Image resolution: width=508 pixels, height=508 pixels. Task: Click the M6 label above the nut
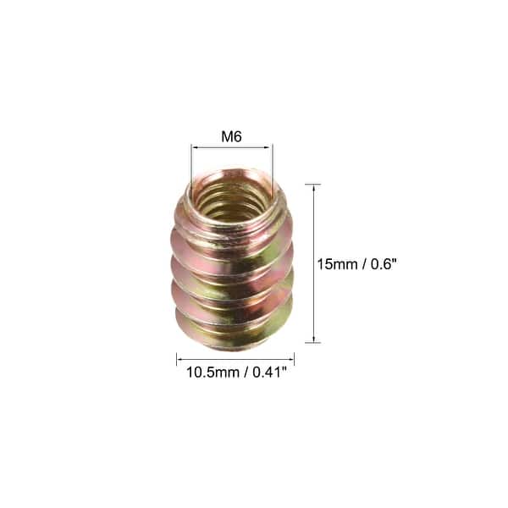point(231,135)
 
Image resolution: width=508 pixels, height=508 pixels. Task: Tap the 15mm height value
point(334,264)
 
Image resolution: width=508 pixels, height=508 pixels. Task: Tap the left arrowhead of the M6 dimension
point(194,147)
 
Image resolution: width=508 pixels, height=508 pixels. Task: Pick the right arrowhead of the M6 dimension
point(269,147)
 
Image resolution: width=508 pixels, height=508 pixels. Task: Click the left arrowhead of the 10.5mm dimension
point(180,359)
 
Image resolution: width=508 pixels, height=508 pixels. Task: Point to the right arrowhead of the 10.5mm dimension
point(290,359)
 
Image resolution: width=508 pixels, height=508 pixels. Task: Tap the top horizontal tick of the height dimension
point(313,184)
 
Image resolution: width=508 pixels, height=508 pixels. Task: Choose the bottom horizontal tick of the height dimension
point(313,343)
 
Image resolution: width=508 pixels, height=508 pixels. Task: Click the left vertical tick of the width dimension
point(177,359)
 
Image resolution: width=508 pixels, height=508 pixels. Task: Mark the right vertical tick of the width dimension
point(294,359)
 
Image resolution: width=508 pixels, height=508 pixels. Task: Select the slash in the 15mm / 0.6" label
point(362,264)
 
